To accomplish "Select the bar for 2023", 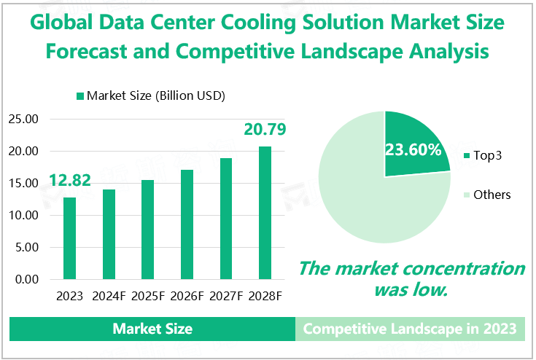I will (x=69, y=238).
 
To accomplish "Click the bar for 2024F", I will (x=109, y=234).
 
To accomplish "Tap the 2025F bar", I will (x=148, y=230).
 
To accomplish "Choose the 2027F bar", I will (x=227, y=219).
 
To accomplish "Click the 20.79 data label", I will (x=265, y=130).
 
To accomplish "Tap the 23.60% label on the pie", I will (x=413, y=151).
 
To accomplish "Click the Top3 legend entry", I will (x=487, y=155).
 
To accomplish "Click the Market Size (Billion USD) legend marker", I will (x=80, y=95).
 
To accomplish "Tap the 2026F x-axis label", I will (x=188, y=296).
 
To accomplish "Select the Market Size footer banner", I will (x=152, y=329).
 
